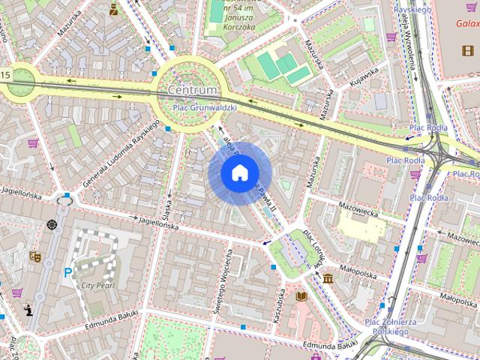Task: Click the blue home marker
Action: pos(239,173)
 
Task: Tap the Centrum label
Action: pos(192,90)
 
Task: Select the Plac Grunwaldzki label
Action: pos(205,107)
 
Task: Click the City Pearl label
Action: pos(97,286)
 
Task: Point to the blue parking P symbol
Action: pos(68,273)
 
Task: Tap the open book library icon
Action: pos(301,296)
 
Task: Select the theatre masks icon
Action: pos(34,256)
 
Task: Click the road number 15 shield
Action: pos(5,74)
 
